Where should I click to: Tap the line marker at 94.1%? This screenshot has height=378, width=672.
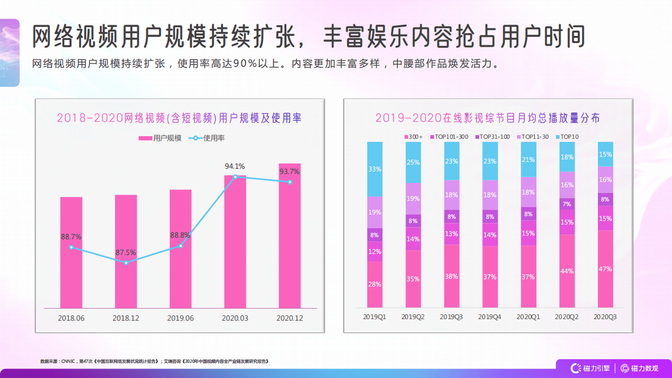click(235, 177)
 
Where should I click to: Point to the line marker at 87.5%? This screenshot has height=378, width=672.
click(126, 262)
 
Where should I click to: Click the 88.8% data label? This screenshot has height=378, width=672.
click(180, 236)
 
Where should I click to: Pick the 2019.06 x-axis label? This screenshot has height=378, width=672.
click(180, 318)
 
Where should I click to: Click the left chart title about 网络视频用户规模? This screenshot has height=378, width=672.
click(179, 118)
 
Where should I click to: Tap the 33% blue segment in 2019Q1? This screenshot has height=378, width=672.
click(375, 169)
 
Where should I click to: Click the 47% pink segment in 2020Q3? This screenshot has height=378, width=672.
click(605, 269)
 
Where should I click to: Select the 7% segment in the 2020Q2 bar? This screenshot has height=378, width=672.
click(567, 204)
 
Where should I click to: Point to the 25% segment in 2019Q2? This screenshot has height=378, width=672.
click(413, 162)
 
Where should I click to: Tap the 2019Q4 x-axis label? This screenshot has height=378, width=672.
click(490, 317)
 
